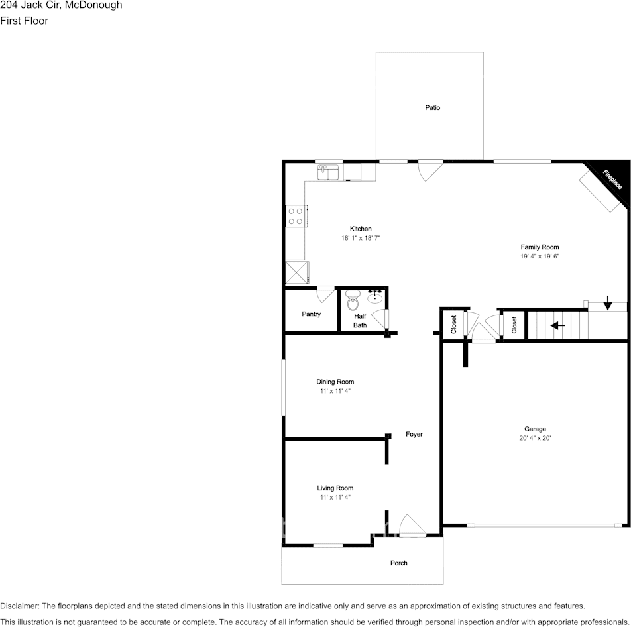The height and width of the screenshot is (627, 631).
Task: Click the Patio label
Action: click(432, 107)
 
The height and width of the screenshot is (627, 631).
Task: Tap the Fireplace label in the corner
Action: click(612, 180)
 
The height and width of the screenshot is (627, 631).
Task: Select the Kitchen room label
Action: click(361, 229)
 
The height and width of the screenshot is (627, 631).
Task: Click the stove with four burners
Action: click(295, 216)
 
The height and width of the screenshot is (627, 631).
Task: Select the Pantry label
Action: click(311, 313)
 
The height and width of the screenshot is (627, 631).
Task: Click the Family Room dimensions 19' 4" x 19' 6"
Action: click(536, 256)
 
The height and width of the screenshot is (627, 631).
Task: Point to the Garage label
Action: click(536, 429)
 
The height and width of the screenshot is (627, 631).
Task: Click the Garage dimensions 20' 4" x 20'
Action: click(536, 438)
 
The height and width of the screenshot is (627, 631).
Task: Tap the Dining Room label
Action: click(335, 382)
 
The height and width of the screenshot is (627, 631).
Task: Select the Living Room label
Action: click(335, 488)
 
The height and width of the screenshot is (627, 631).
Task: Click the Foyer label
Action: click(414, 434)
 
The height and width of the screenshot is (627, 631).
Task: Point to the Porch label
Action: click(398, 563)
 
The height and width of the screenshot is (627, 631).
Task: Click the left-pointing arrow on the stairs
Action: click(557, 325)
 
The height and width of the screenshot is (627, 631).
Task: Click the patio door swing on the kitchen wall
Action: click(430, 170)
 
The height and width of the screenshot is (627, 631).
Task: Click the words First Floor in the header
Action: click(25, 21)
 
